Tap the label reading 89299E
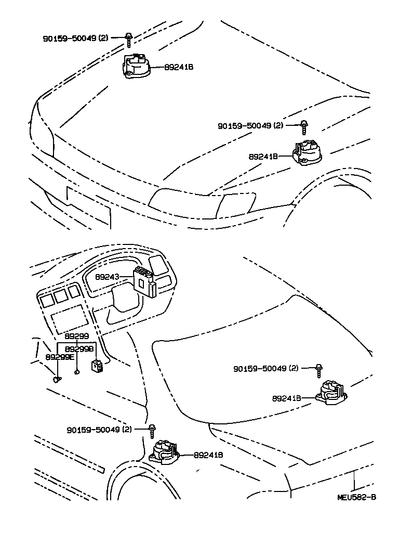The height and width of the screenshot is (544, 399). tap(60, 357)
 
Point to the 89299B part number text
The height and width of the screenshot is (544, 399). tap(81, 349)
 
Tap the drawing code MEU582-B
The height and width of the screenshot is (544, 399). tap(356, 497)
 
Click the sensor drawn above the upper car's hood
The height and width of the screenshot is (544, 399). tap(137, 67)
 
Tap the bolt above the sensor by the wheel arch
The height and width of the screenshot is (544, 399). tap(152, 431)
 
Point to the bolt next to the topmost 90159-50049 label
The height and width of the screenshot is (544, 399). tap(128, 37)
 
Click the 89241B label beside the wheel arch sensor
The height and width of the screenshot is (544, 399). tap(208, 455)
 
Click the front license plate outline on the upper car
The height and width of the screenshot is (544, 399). tap(88, 206)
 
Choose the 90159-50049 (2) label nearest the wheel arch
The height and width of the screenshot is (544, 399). tap(99, 430)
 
